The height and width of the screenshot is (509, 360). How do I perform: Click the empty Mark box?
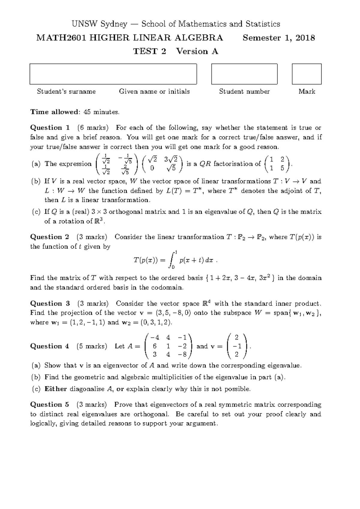(x=307, y=74)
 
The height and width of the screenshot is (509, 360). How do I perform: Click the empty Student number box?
(x=244, y=74)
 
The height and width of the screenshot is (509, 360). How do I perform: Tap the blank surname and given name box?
(x=113, y=74)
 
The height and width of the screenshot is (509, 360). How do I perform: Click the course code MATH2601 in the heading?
(x=61, y=38)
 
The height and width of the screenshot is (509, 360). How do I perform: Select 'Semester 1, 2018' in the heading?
(x=279, y=38)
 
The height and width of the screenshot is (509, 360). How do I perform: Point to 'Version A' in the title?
(x=197, y=52)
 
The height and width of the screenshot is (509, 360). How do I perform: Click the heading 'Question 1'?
(x=50, y=128)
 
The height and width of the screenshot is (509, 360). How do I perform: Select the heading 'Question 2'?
(x=50, y=237)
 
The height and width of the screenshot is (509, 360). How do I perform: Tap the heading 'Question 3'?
(x=50, y=303)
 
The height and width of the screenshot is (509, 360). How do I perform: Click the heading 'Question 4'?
(x=50, y=346)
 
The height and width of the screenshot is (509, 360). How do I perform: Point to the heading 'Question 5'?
(x=50, y=405)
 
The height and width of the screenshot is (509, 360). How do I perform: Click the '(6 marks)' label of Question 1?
(x=92, y=128)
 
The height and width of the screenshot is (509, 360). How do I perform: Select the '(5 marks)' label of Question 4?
(x=91, y=346)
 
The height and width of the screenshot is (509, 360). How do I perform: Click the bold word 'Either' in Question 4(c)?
(x=55, y=389)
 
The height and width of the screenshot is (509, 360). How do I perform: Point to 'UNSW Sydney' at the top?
(x=99, y=24)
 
